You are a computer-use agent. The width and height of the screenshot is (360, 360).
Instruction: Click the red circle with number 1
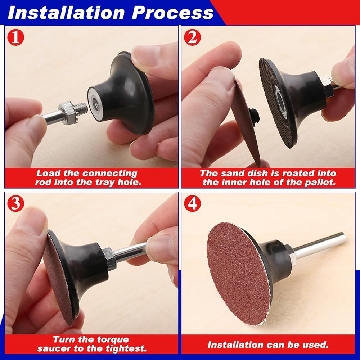tap(15, 37)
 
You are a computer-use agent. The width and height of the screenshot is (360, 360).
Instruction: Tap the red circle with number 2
tap(192, 37)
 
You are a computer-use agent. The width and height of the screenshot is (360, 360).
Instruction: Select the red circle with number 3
tap(15, 203)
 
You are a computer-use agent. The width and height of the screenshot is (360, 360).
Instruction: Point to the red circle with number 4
tap(192, 203)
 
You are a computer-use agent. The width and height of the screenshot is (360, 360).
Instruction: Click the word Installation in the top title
tap(66, 13)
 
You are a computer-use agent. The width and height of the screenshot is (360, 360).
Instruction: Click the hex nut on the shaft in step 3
tap(109, 259)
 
